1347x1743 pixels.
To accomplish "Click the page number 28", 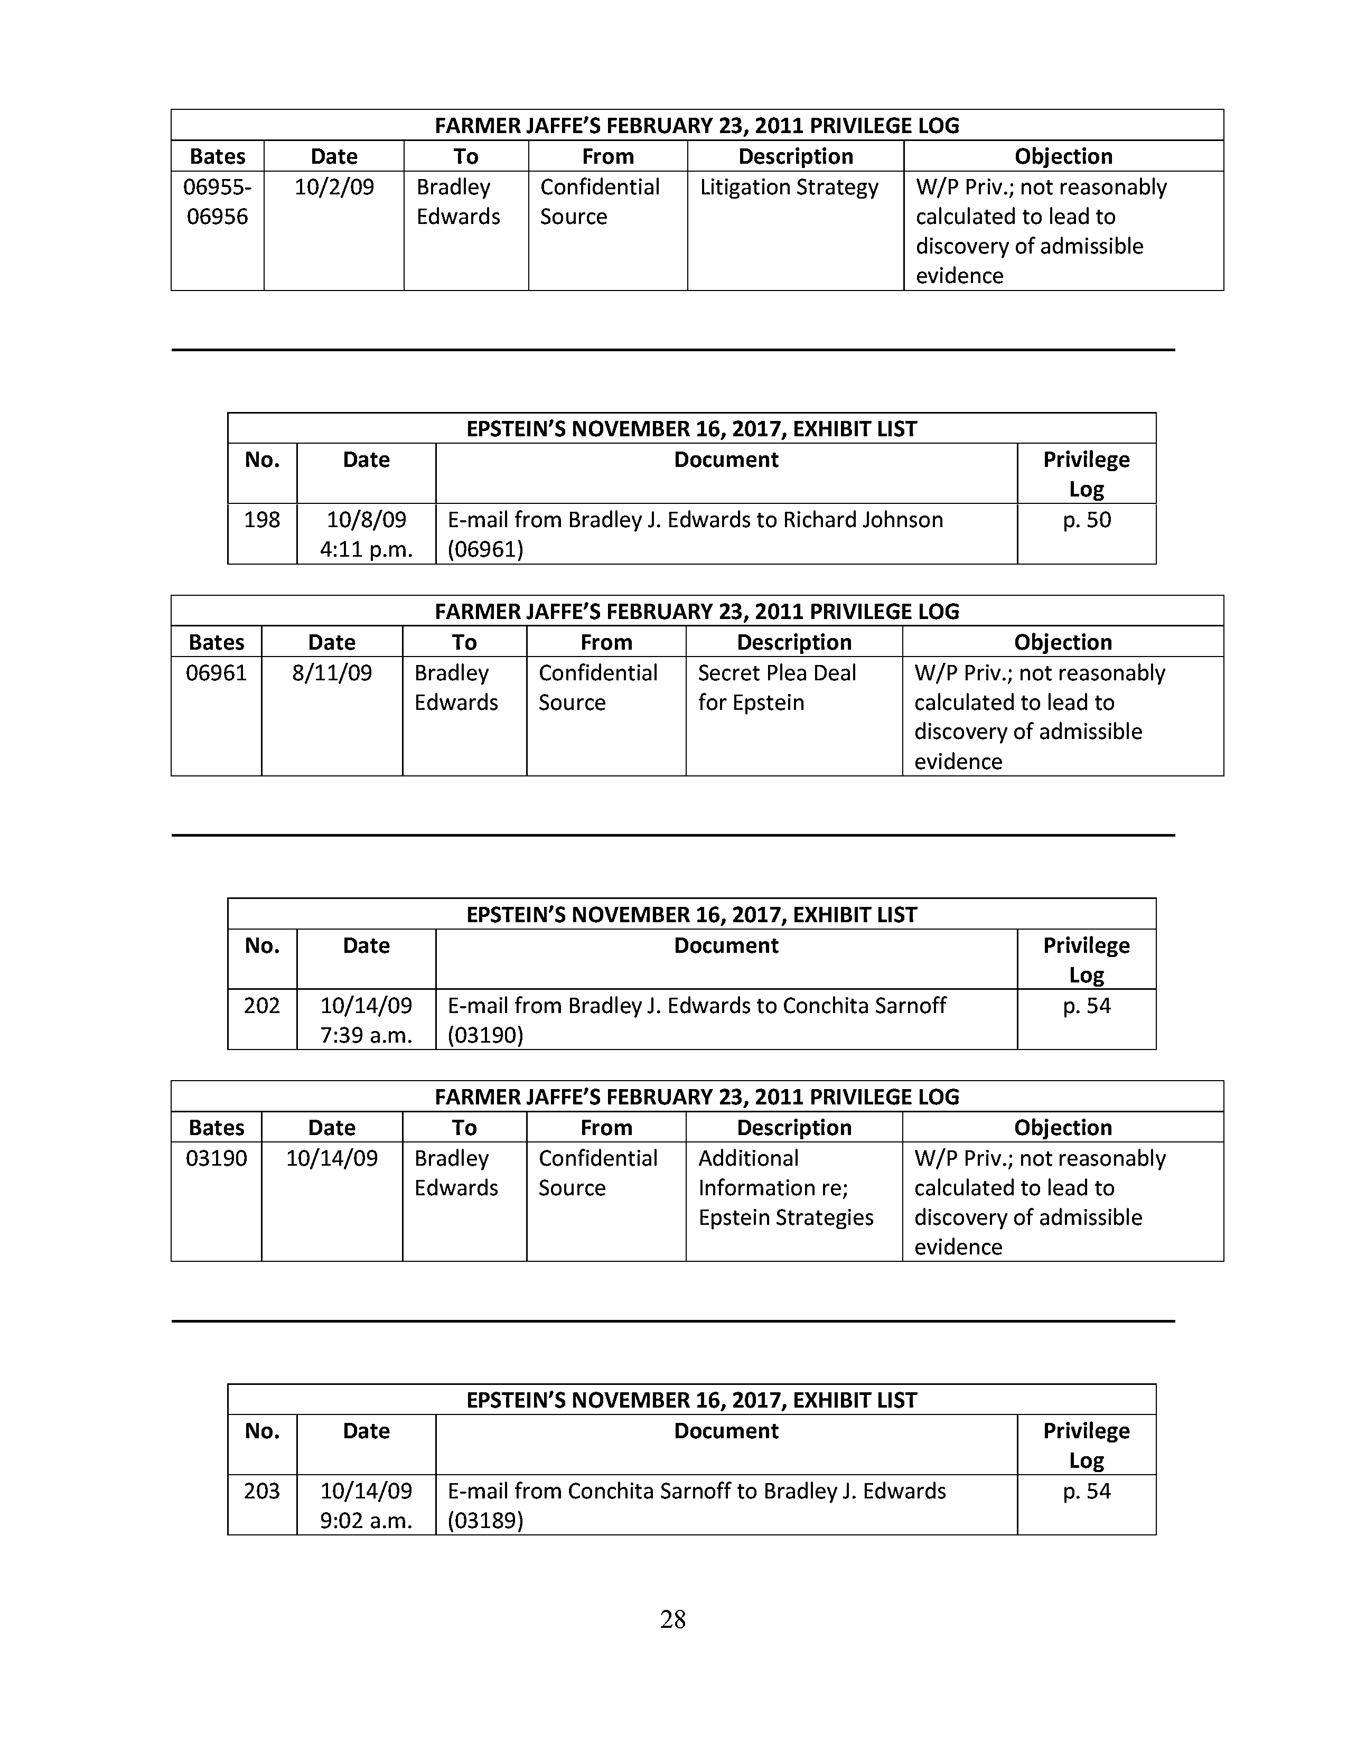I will coord(672,1618).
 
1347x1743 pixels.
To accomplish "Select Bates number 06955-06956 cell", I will coord(217,201).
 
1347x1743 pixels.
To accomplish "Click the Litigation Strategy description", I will coord(789,187).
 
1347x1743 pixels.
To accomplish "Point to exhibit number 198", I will coord(261,520).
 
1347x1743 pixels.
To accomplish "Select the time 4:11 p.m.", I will coord(366,549).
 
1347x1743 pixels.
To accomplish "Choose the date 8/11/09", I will coord(332,673).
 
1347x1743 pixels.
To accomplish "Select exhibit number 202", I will coord(261,1006).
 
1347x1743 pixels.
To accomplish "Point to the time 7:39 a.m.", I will coord(366,1035).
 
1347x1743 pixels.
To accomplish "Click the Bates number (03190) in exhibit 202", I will coord(485,1035).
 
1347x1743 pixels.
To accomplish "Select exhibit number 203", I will coord(261,1491).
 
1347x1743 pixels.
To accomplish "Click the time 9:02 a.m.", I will coord(366,1520).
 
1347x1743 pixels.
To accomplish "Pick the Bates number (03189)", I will coord(485,1520).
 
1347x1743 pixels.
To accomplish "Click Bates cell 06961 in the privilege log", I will coord(216,673).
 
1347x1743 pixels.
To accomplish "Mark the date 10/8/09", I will coord(366,520).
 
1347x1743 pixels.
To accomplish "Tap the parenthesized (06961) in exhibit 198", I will coord(485,549).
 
